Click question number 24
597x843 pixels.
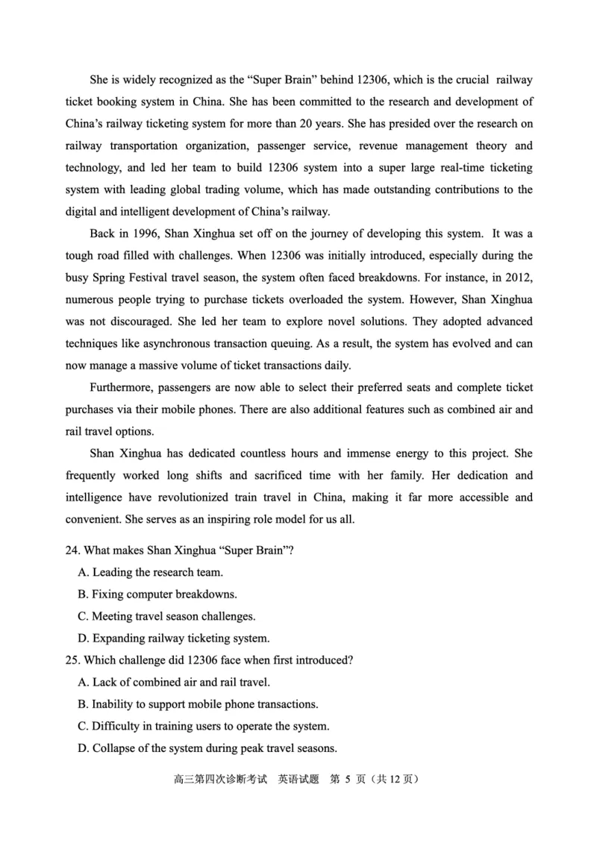click(72, 551)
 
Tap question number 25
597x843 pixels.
click(72, 660)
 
